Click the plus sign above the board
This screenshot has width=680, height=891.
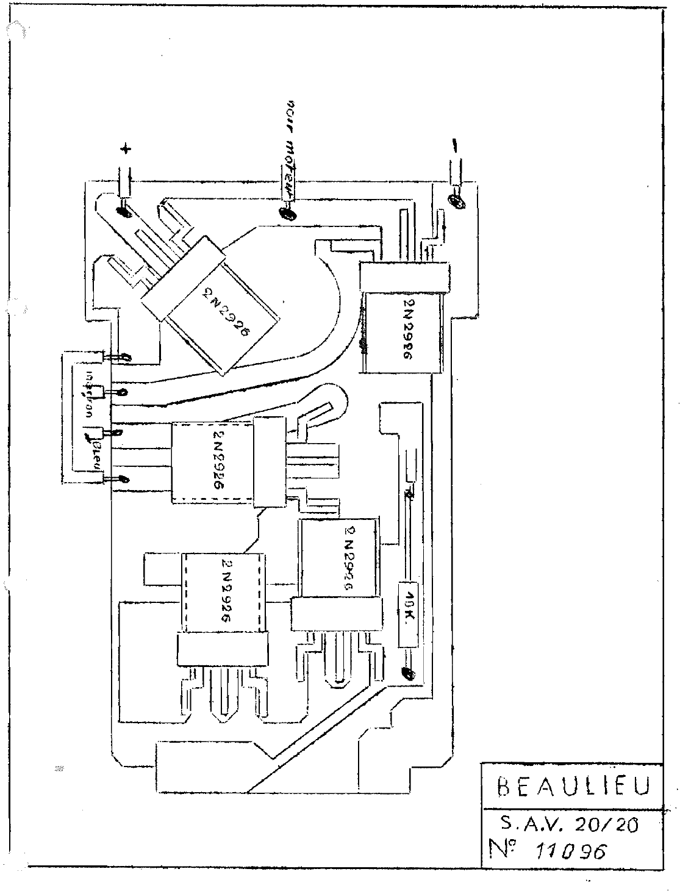pos(126,149)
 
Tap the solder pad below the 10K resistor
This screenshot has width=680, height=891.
pos(407,674)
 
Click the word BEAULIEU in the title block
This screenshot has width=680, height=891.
pos(571,786)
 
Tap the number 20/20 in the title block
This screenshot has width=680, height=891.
pos(601,826)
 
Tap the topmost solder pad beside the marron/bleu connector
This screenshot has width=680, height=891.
pos(123,358)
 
